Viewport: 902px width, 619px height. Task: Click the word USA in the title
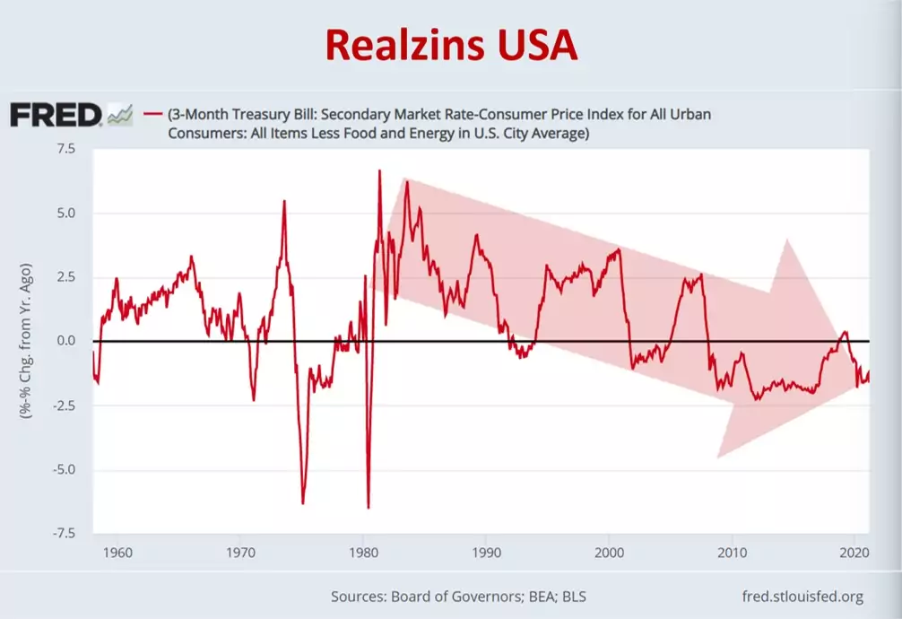pos(534,44)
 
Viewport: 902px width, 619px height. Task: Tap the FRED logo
pos(56,115)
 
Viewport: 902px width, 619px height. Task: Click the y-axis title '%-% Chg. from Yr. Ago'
pos(28,342)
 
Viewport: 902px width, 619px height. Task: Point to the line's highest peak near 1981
pos(379,170)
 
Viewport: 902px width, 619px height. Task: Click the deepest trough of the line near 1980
pos(369,508)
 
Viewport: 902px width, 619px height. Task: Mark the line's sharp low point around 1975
pos(302,503)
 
